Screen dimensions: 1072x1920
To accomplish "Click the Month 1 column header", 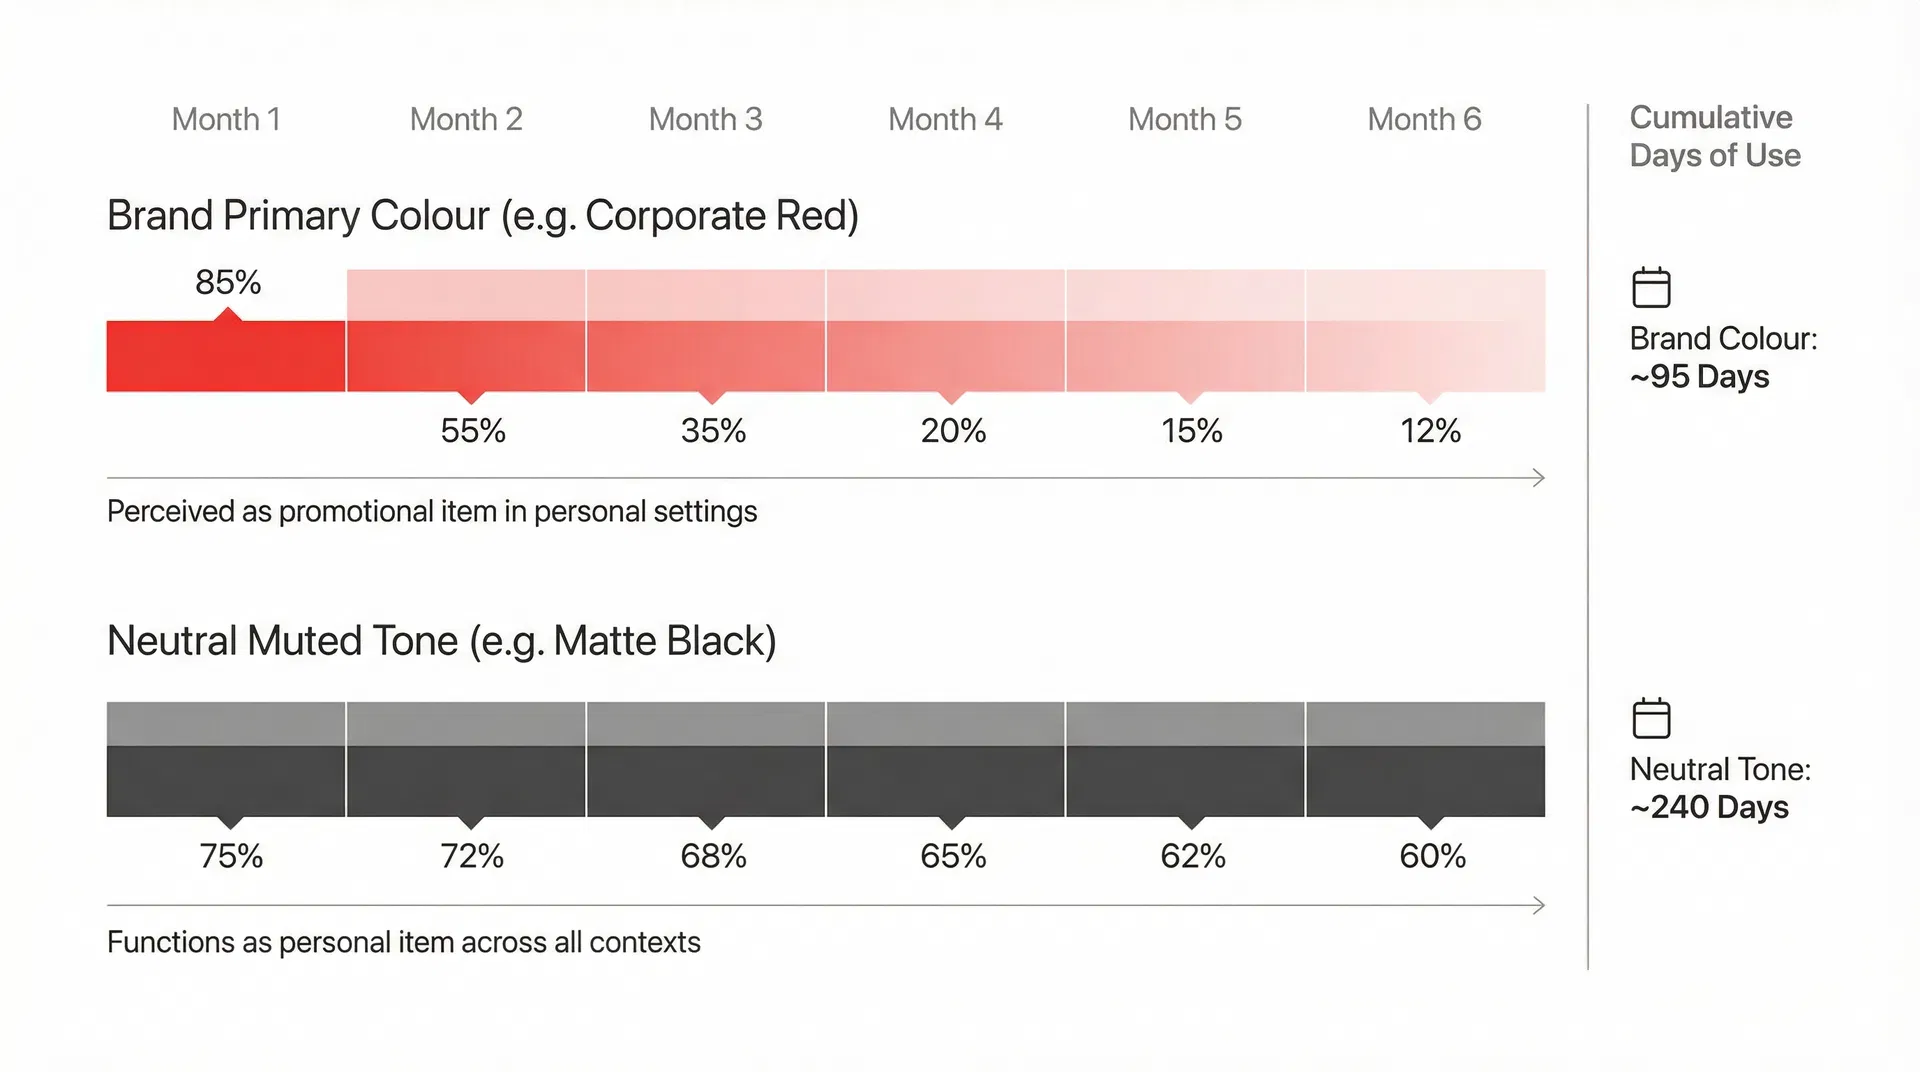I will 226,119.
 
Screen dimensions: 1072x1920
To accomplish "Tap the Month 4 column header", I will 945,119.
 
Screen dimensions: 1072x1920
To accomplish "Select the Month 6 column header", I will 1424,119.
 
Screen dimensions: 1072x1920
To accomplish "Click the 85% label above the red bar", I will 228,282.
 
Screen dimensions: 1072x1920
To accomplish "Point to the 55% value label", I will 473,431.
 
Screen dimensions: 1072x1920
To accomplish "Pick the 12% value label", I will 1430,431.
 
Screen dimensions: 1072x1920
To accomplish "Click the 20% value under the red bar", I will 953,431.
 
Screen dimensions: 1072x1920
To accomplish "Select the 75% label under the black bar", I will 231,856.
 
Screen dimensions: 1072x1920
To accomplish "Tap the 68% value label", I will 713,856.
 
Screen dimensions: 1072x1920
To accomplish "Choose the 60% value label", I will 1432,856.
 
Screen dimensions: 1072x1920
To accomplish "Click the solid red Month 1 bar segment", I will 226,356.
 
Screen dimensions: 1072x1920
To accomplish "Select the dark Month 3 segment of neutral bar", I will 706,780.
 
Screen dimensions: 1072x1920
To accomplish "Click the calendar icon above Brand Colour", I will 1651,288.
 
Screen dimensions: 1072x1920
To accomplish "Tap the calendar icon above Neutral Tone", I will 1651,718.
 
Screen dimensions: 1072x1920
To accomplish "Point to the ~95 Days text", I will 1699,377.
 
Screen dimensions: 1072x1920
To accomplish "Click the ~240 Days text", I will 1709,807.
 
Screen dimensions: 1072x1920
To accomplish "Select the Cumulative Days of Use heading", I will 1714,136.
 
